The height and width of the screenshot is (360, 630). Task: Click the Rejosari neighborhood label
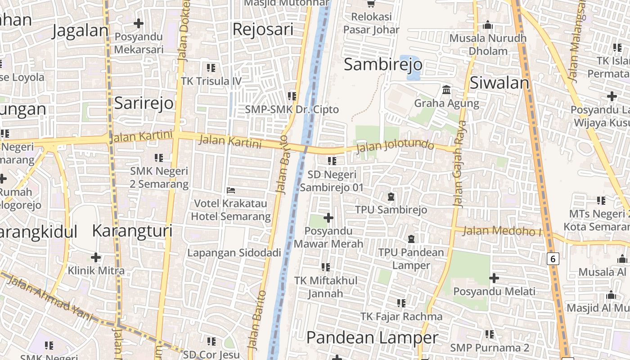pyautogui.click(x=263, y=29)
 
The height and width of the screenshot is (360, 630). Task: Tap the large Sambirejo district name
pyautogui.click(x=383, y=65)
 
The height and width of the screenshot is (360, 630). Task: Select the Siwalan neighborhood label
pyautogui.click(x=499, y=83)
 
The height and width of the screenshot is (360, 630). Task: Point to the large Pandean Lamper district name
pyautogui.click(x=372, y=337)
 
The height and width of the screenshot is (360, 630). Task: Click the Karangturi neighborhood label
pyautogui.click(x=132, y=231)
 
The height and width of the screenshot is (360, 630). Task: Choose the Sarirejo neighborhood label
pyautogui.click(x=144, y=103)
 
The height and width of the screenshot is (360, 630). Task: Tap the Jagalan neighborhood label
pyautogui.click(x=81, y=31)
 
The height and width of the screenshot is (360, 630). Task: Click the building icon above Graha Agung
pyautogui.click(x=446, y=90)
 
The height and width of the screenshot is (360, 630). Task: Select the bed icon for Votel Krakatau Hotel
pyautogui.click(x=231, y=190)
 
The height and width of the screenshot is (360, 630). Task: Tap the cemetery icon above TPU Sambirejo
pyautogui.click(x=391, y=197)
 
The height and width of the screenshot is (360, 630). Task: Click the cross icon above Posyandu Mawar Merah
pyautogui.click(x=328, y=218)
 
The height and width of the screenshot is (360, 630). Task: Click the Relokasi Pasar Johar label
pyautogui.click(x=371, y=23)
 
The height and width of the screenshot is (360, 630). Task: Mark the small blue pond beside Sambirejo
pyautogui.click(x=413, y=67)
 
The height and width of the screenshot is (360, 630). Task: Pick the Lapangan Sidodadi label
pyautogui.click(x=234, y=252)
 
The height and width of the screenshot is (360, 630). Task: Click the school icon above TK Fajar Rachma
pyautogui.click(x=401, y=303)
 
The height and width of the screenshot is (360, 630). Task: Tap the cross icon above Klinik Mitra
pyautogui.click(x=96, y=257)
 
